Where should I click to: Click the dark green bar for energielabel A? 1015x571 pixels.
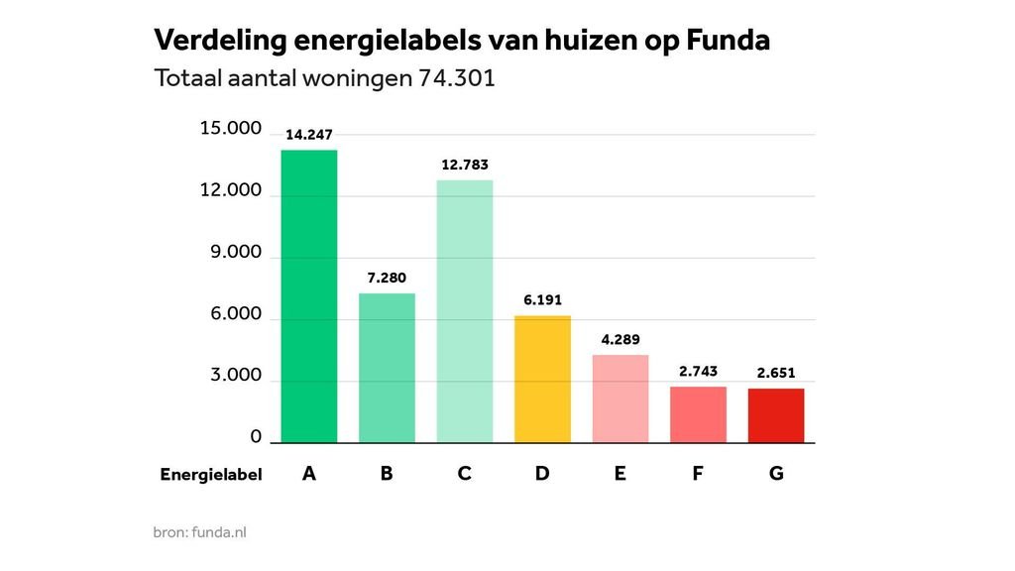coord(309,296)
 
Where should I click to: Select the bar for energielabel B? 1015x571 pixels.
coord(387,368)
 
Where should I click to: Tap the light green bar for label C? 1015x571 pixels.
coord(465,311)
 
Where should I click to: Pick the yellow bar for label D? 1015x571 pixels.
coord(542,379)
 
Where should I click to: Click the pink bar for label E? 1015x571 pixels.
coord(620,399)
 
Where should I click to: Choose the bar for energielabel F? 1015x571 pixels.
coord(698,414)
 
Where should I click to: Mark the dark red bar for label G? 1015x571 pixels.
coord(776,415)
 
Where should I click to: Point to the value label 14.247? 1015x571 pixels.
coord(309,134)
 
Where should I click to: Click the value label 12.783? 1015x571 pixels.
coord(465,165)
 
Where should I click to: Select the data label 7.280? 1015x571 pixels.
coord(387,279)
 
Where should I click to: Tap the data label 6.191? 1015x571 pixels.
coord(542,299)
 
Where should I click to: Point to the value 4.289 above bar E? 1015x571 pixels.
coord(620,339)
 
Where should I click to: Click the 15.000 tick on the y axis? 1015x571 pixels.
coord(231,129)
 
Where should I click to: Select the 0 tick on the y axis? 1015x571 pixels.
coord(256,437)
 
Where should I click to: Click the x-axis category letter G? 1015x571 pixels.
coord(776,474)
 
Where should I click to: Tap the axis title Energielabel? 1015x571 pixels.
coord(211,475)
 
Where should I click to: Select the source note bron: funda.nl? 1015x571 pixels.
coord(200,532)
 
